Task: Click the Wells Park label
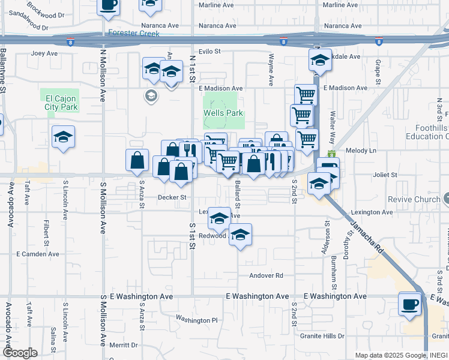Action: click(223, 113)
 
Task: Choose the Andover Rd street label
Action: click(266, 275)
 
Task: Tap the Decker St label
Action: click(172, 197)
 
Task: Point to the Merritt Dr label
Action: click(124, 345)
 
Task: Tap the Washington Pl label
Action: click(196, 320)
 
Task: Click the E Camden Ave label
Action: click(38, 254)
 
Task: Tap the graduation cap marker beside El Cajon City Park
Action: click(63, 137)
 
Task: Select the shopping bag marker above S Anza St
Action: click(137, 160)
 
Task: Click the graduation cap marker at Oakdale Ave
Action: click(320, 60)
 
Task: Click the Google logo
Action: click(20, 353)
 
